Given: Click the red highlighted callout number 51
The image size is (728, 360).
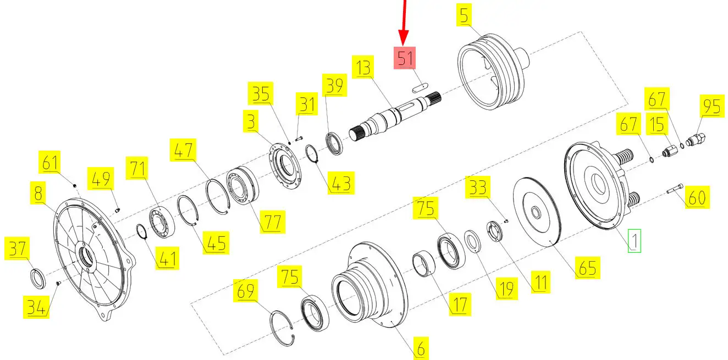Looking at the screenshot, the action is click(x=405, y=58).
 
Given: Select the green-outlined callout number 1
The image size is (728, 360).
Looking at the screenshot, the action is click(x=635, y=240).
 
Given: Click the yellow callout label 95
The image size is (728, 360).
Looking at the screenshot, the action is click(x=712, y=107).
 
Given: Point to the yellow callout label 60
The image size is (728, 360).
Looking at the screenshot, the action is click(x=697, y=197).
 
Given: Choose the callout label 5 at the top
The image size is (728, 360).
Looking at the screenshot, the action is click(x=465, y=16).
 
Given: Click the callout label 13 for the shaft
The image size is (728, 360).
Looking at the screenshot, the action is click(x=363, y=68).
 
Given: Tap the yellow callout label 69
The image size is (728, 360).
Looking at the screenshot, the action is click(x=245, y=291).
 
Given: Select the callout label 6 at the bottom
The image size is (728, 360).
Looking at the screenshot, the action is click(x=420, y=347).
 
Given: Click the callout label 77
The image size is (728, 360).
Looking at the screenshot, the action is click(x=273, y=222).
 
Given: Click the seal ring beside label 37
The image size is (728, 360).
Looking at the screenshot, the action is click(x=38, y=278).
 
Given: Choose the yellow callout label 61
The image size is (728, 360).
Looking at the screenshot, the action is click(x=50, y=163).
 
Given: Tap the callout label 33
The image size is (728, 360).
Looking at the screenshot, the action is click(x=477, y=188).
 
